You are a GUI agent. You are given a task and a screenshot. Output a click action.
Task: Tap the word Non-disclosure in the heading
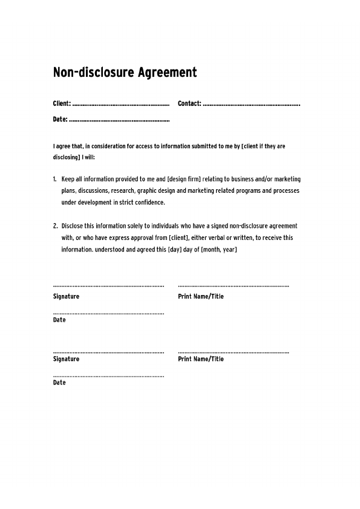coord(88,73)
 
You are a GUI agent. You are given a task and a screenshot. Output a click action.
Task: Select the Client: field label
coord(62,104)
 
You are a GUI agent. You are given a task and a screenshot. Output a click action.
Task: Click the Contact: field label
coord(189,104)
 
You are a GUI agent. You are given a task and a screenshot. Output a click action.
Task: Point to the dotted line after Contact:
coord(252,105)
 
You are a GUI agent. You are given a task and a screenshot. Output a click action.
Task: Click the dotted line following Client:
coord(121,105)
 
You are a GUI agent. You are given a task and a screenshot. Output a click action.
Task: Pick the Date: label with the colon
coord(60,120)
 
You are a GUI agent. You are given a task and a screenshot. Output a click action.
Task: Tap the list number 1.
coord(54,180)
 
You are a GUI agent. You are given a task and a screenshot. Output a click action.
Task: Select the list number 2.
coord(55,226)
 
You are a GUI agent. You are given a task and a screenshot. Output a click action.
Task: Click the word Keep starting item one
coord(67,180)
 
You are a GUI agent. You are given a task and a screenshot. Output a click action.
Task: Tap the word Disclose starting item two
coord(73,226)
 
